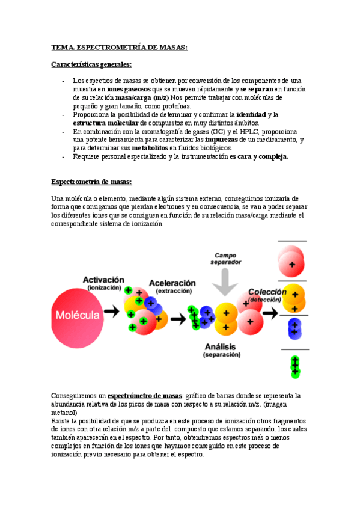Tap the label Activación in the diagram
(103, 280)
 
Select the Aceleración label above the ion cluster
(172, 283)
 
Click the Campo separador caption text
(226, 258)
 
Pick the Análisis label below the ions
(221, 347)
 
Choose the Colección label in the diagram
(267, 292)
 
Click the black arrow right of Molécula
(112, 312)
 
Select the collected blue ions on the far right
(294, 327)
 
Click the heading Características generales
(91, 64)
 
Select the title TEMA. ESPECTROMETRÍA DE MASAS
(120, 47)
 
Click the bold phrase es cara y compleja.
(259, 156)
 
